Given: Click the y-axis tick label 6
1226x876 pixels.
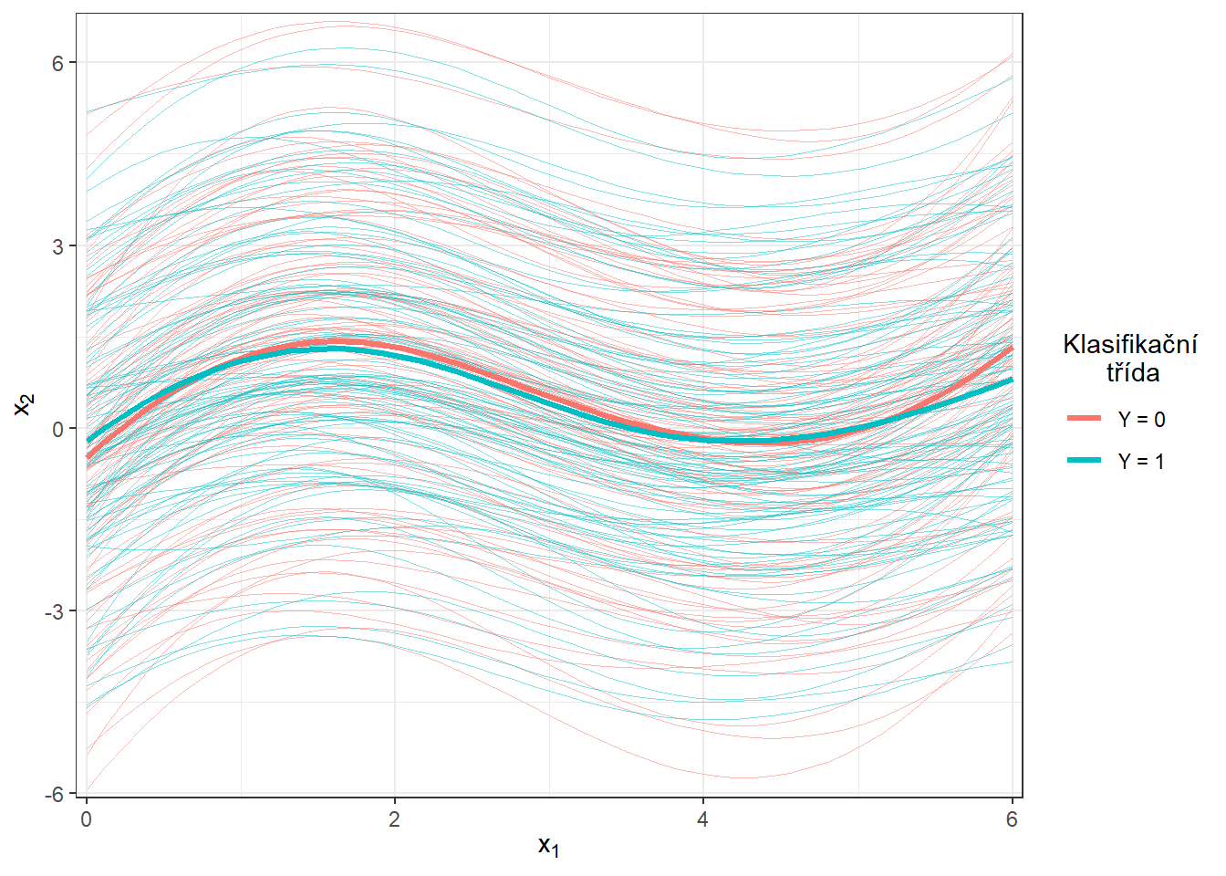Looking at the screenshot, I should [57, 63].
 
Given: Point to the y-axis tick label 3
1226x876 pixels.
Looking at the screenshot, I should [57, 246].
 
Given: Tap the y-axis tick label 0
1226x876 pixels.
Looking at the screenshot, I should [57, 429].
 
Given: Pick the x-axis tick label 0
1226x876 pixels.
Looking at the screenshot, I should [87, 819].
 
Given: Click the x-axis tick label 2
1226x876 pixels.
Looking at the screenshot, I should [395, 819].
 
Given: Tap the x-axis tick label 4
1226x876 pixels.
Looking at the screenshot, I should [703, 819].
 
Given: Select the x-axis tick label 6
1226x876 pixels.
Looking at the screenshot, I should [1012, 819].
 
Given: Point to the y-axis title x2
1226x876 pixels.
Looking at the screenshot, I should [24, 404].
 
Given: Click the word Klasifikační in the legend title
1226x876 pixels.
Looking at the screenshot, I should [1130, 345].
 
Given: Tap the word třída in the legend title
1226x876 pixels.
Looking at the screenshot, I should [1133, 372].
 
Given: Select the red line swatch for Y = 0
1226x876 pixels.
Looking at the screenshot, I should [1085, 419].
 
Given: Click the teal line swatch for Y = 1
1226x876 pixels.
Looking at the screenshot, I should [1085, 461].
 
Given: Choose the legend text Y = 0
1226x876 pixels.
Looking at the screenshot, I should [1141, 420].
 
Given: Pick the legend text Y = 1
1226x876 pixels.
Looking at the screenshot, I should [1141, 462].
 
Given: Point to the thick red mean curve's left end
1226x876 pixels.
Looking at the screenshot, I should [88, 456].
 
